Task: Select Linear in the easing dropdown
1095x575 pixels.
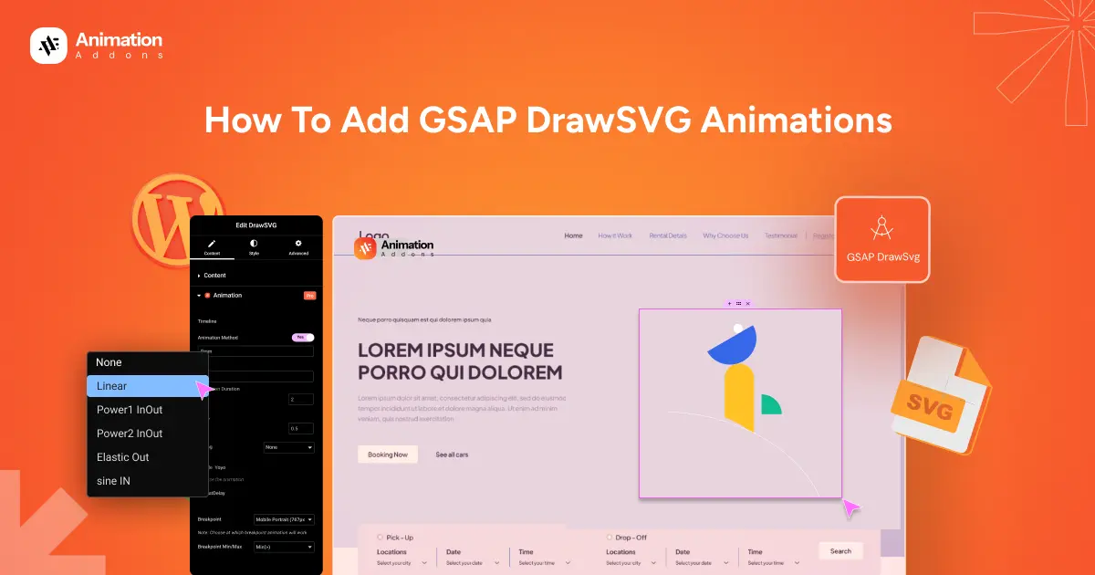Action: tap(112, 386)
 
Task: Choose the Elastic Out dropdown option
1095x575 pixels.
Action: tap(123, 457)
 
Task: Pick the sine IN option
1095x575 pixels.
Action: tap(114, 481)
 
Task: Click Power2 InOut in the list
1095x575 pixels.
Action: tap(130, 434)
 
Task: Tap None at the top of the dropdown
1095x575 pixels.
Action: tap(109, 362)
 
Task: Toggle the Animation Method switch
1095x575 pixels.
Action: tap(303, 337)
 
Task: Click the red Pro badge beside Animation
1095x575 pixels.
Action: tap(309, 295)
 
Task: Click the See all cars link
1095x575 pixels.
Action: tap(452, 454)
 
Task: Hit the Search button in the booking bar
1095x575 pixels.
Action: tap(840, 550)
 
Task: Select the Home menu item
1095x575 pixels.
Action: tap(573, 235)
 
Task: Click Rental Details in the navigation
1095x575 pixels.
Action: tap(668, 235)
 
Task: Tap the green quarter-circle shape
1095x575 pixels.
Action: tap(770, 405)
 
